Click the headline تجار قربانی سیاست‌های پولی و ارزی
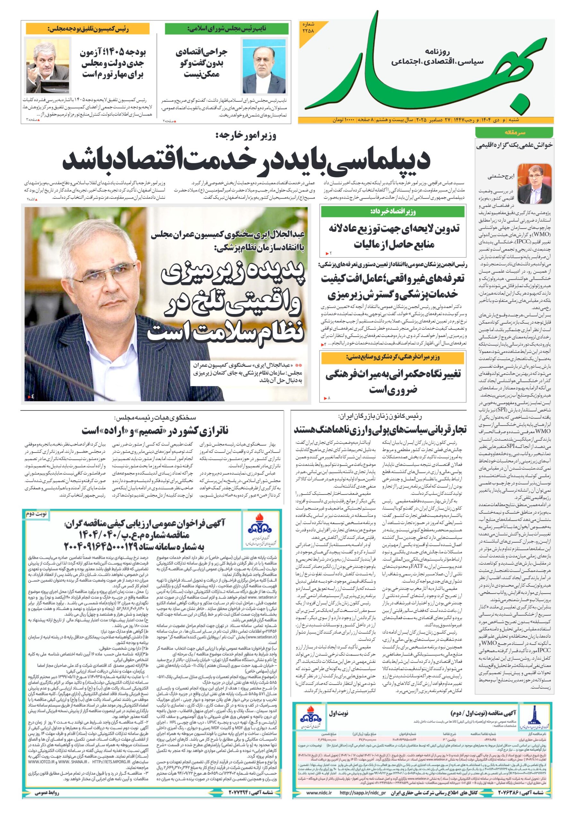(380, 430)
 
